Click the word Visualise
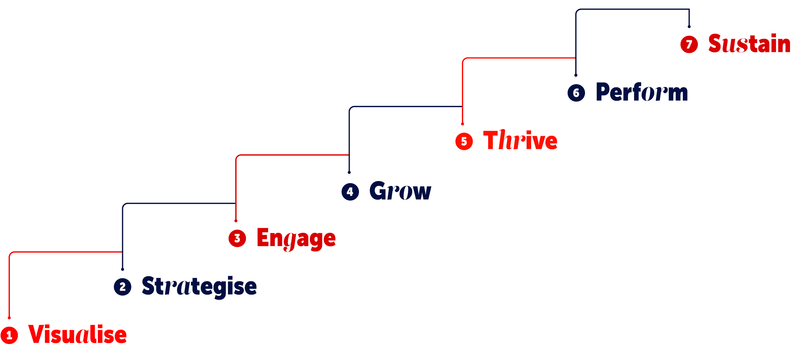77,335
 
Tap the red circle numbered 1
9,335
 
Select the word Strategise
199,286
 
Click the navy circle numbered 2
122,287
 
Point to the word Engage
296,238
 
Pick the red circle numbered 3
237,238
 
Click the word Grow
400,191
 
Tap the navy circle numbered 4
350,192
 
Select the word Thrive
520,141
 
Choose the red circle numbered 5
464,141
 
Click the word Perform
642,92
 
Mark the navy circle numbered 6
576,93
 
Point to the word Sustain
749,44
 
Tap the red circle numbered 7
689,44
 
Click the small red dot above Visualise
9,318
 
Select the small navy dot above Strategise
122,269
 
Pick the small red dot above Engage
236,221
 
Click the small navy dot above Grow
349,172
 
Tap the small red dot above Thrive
462,124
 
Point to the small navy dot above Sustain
689,26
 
